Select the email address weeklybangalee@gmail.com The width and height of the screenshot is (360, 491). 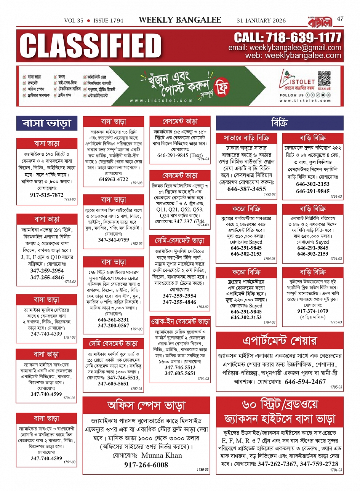tap(295, 48)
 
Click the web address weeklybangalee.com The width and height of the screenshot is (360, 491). tap(303, 56)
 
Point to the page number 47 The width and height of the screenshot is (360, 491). tap(340, 18)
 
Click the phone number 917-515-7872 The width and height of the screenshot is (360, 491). tap(47, 195)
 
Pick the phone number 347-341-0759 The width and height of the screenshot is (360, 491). tap(114, 240)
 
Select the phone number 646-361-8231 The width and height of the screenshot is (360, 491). tap(114, 320)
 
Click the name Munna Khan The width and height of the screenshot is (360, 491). tap(162, 455)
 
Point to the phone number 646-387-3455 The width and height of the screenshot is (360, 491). tap(246, 189)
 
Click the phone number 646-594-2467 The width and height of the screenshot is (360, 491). tap(305, 382)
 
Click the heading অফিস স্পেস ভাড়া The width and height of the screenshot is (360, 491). tap(146, 406)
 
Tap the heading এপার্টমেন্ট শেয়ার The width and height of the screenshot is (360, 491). tap(280, 340)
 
